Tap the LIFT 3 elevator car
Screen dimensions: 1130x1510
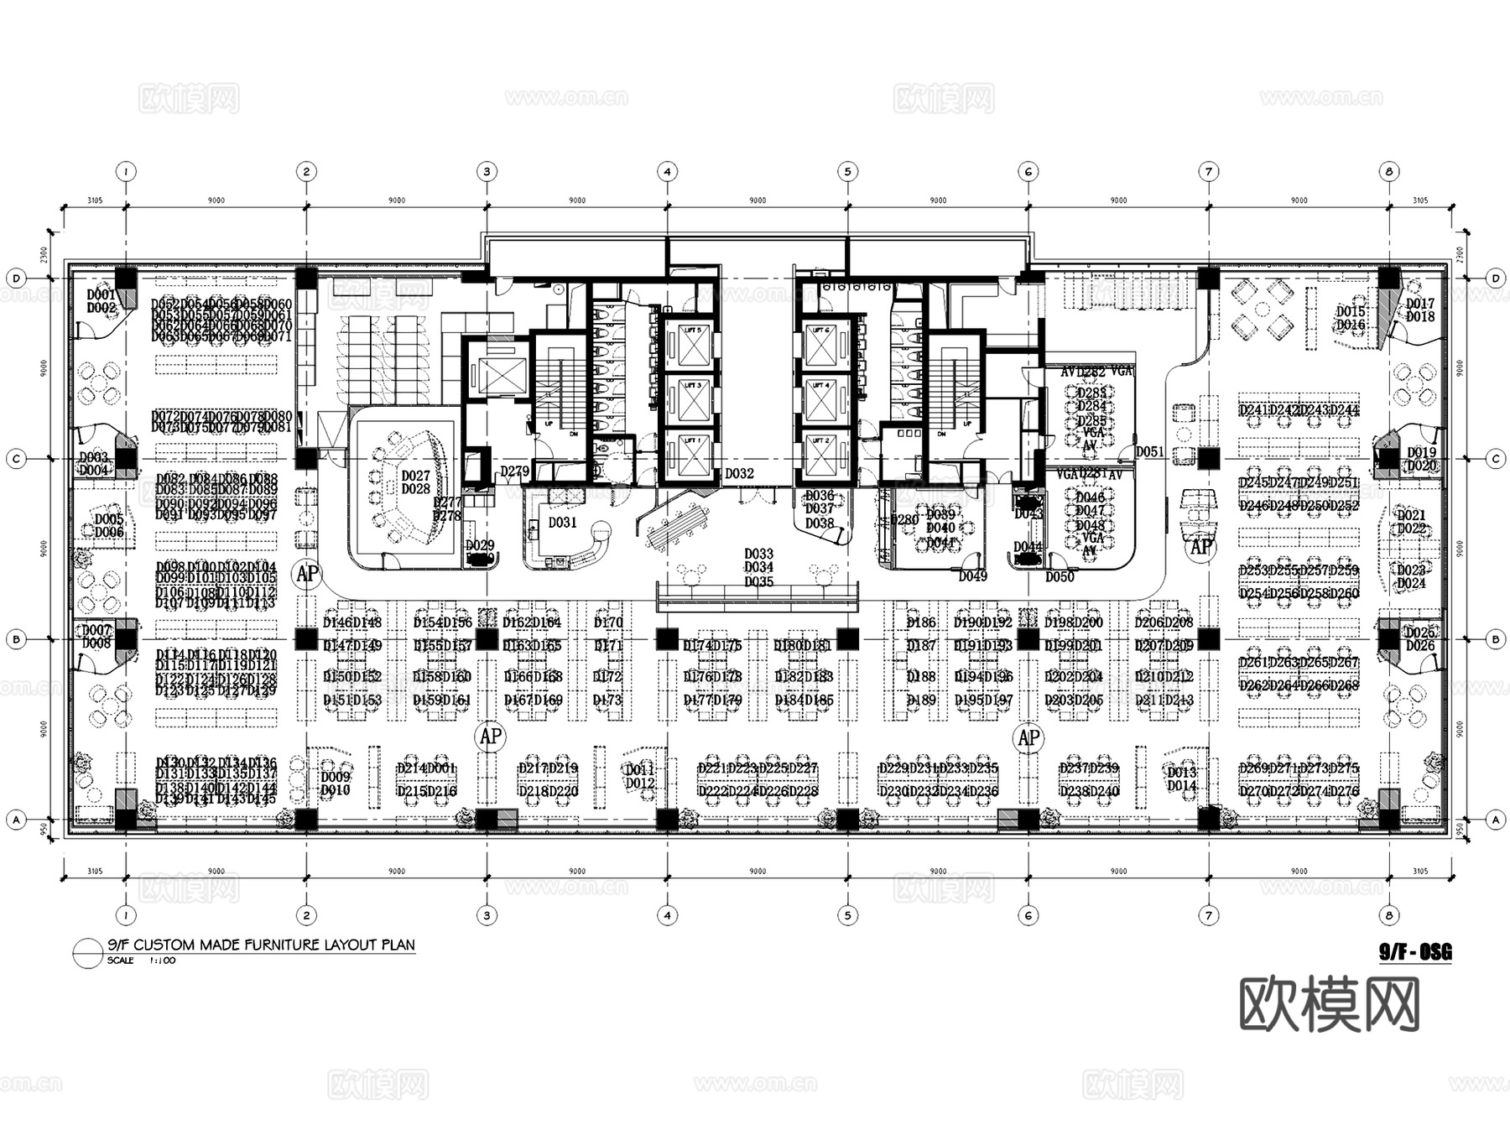691,400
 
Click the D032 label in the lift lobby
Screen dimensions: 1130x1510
739,474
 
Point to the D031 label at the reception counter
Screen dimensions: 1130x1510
563,523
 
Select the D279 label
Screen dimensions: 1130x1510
515,472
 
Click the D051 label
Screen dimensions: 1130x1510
1150,452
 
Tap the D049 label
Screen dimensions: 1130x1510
973,576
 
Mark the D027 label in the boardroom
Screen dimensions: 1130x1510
415,476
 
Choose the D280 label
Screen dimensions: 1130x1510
905,520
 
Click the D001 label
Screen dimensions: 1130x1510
102,295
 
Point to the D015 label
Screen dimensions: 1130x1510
1351,312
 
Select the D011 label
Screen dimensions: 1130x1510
640,770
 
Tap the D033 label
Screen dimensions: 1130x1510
758,555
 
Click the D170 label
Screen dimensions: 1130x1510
608,623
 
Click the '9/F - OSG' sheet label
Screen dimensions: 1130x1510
1415,952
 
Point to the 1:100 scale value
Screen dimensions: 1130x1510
163,961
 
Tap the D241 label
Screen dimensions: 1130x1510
1254,410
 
